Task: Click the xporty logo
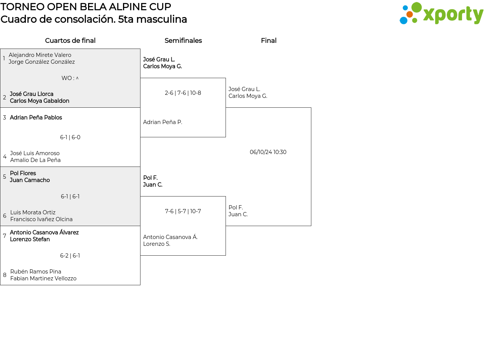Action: (x=441, y=14)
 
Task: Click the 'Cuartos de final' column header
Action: (x=70, y=41)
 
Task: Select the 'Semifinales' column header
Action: (x=183, y=41)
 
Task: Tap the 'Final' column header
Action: (x=268, y=41)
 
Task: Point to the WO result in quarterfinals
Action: (x=70, y=78)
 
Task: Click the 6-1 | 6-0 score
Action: (x=70, y=137)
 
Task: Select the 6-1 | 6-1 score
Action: (x=70, y=197)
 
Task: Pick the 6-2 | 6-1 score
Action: (x=70, y=256)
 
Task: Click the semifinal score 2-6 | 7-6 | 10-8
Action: (x=183, y=93)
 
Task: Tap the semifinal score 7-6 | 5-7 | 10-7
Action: (x=183, y=211)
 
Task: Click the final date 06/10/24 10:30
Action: (x=268, y=152)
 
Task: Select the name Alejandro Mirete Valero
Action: (x=40, y=55)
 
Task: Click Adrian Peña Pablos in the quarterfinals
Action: (x=36, y=118)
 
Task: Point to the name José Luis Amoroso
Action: (x=35, y=153)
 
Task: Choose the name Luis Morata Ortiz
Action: (x=33, y=212)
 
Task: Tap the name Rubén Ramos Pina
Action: (x=36, y=272)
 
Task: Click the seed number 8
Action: (x=5, y=275)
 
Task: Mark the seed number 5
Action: (x=5, y=177)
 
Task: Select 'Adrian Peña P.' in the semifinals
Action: (x=163, y=122)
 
